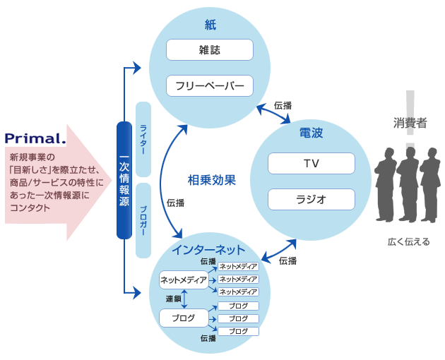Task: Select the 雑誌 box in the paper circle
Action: pyautogui.click(x=209, y=50)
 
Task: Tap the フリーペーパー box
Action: pyautogui.click(x=209, y=86)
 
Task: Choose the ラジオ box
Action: pyautogui.click(x=311, y=199)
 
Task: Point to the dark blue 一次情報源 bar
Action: pyautogui.click(x=124, y=181)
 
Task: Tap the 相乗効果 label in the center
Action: pyautogui.click(x=212, y=180)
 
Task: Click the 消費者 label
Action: pyautogui.click(x=410, y=123)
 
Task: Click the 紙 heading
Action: pyautogui.click(x=210, y=26)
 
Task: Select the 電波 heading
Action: pyautogui.click(x=311, y=133)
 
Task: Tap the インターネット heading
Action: pyautogui.click(x=208, y=250)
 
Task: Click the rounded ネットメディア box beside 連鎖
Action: pyautogui.click(x=184, y=280)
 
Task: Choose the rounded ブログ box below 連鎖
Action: pyautogui.click(x=184, y=318)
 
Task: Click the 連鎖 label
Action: pyautogui.click(x=173, y=299)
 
